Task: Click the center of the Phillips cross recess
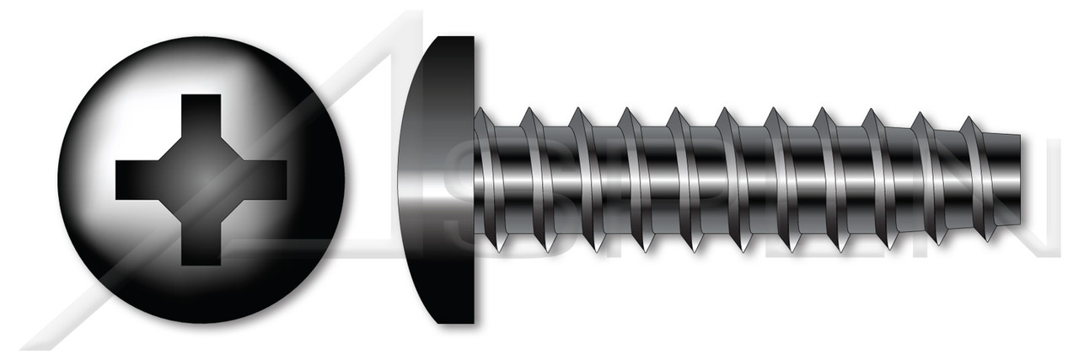click(201, 180)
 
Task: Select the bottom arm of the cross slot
click(201, 244)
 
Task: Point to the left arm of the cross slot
click(135, 180)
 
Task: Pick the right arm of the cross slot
click(266, 180)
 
